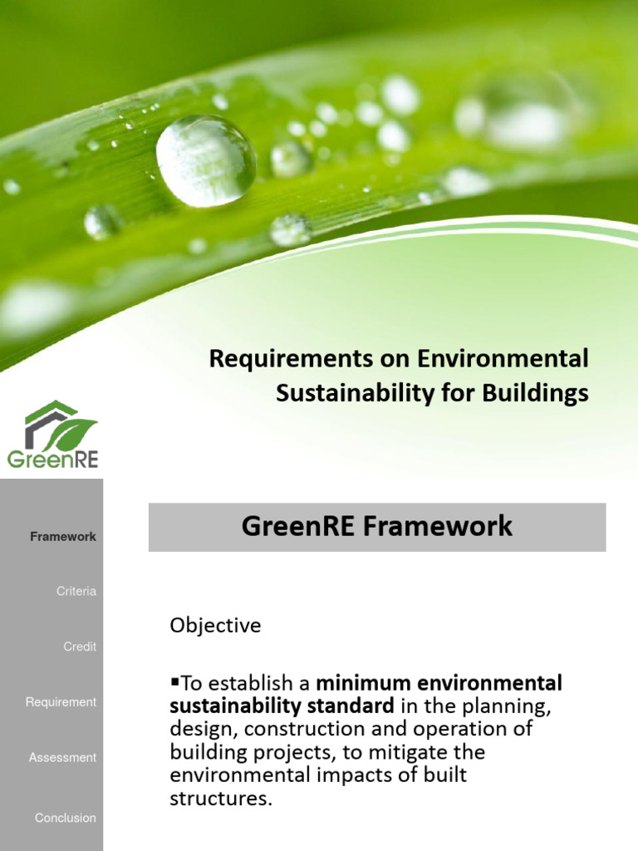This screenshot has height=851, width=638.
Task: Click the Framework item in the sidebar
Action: coord(63,537)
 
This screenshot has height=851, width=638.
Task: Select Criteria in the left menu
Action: coord(76,592)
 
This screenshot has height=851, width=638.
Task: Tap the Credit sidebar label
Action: coord(80,647)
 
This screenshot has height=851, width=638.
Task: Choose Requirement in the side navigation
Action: coord(61,702)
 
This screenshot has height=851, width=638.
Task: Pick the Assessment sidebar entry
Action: coord(62,758)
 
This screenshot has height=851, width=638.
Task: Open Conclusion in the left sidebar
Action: coord(65,818)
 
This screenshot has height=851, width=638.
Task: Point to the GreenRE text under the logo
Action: coord(52,458)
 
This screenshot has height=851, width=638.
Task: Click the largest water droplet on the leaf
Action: coord(206,160)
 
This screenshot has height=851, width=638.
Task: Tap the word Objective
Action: coord(215,626)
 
